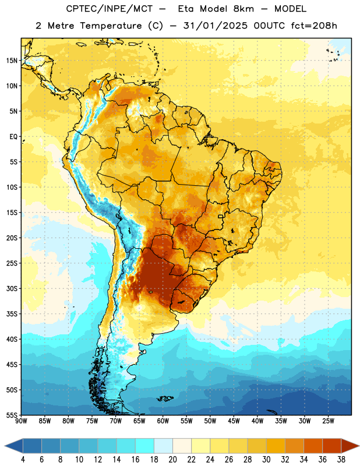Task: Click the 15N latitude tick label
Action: (x=12, y=61)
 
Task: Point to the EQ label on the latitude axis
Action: (x=13, y=137)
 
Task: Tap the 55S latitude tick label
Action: (x=12, y=415)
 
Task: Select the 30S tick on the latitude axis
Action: (x=12, y=288)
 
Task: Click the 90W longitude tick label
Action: (x=21, y=421)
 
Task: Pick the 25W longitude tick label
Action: (x=328, y=421)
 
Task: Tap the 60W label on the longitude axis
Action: (x=163, y=421)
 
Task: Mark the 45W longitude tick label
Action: (x=234, y=421)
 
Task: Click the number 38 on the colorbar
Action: (x=341, y=460)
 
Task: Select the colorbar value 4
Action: (x=23, y=460)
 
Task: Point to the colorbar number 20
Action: (x=172, y=460)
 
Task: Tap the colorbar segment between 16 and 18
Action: (x=144, y=446)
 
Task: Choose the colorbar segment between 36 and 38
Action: (x=332, y=446)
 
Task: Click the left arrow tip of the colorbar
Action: (x=5, y=446)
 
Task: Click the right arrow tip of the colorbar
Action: (x=359, y=446)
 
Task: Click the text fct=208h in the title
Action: (x=314, y=26)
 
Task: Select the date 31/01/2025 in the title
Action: (x=215, y=26)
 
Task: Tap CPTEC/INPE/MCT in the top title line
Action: (x=110, y=9)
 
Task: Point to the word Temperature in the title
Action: (x=111, y=26)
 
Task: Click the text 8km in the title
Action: (x=243, y=9)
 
